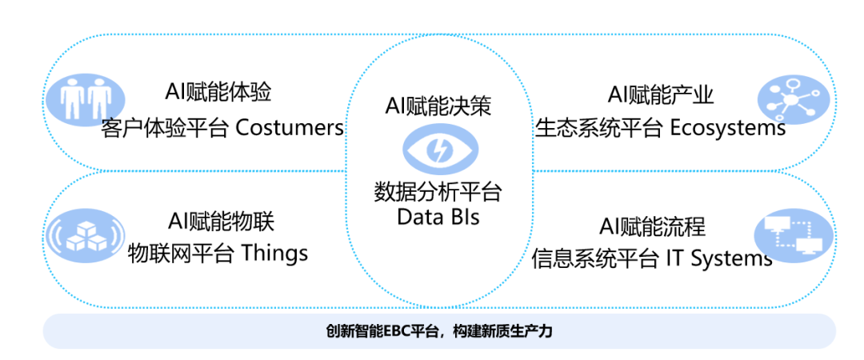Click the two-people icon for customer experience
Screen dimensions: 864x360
(85, 99)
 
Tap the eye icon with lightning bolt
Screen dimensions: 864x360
(440, 150)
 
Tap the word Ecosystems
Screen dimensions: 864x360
(728, 129)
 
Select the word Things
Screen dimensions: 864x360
(274, 254)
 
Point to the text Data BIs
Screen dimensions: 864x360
(438, 217)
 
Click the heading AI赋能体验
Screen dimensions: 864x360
(218, 92)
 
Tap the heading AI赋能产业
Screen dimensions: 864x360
(661, 94)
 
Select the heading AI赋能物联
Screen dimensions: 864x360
(221, 222)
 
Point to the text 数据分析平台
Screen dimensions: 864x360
(438, 194)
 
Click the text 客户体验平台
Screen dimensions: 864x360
(166, 129)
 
